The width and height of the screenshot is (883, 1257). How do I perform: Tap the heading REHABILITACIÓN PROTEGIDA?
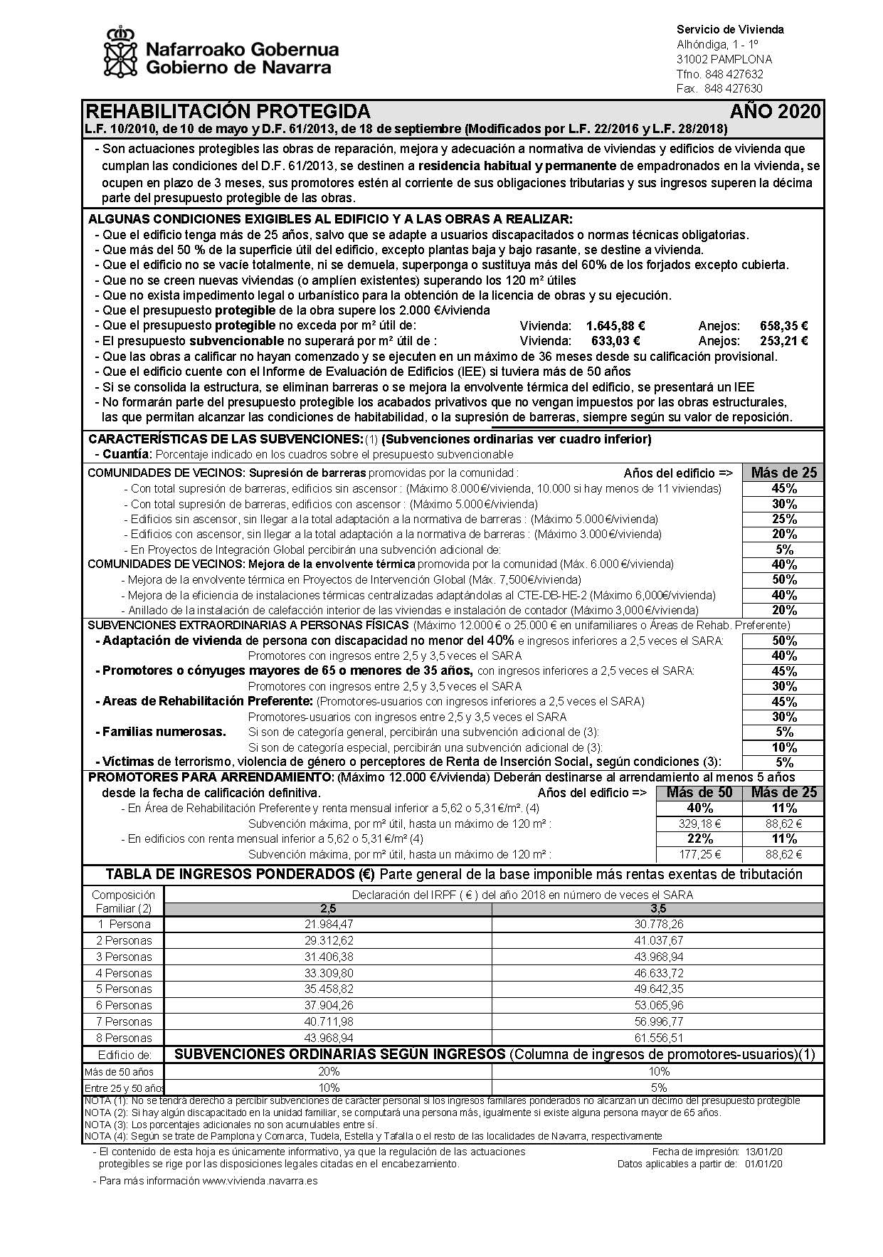[228, 112]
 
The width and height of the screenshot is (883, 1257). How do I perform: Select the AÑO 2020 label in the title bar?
[775, 112]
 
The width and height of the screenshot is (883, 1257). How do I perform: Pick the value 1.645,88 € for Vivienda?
[615, 326]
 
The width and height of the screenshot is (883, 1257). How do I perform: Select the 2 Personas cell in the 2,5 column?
[328, 940]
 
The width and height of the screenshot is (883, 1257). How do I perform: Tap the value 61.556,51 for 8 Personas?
[657, 1038]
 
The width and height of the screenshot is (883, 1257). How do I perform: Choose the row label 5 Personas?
[124, 989]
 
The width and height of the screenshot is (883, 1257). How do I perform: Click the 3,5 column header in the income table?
[657, 909]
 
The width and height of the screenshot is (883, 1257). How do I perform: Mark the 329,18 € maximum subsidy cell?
[699, 824]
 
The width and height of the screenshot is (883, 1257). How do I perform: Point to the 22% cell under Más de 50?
[699, 839]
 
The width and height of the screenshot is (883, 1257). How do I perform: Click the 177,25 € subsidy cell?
[699, 855]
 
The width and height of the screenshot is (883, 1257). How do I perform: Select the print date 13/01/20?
[764, 1152]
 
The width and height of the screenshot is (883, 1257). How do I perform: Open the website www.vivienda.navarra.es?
[259, 1181]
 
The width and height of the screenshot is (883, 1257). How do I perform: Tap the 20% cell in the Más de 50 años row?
[328, 1071]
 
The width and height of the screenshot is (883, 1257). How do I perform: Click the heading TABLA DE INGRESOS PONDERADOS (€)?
[241, 875]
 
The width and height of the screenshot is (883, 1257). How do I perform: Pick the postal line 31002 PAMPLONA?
[724, 59]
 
